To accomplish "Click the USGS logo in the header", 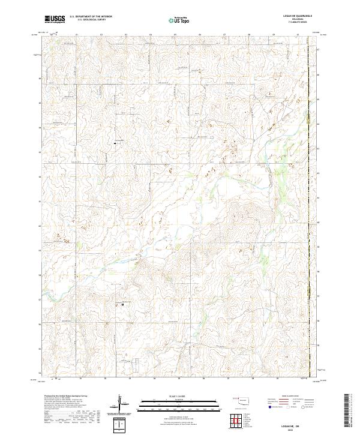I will [55, 19].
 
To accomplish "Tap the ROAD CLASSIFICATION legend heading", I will [287, 397].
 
